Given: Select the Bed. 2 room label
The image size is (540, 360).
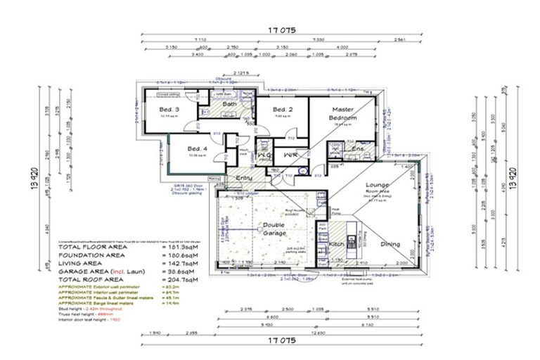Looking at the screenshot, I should pos(283,110).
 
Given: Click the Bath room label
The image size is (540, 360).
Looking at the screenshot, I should pos(230,104).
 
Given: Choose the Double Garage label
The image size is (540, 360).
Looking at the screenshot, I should pos(274,230).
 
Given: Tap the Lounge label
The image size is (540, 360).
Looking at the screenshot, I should pos(377,186).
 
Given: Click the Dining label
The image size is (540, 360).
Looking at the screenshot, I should pos(390,244).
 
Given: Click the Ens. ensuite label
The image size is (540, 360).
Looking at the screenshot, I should pos(357,149).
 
